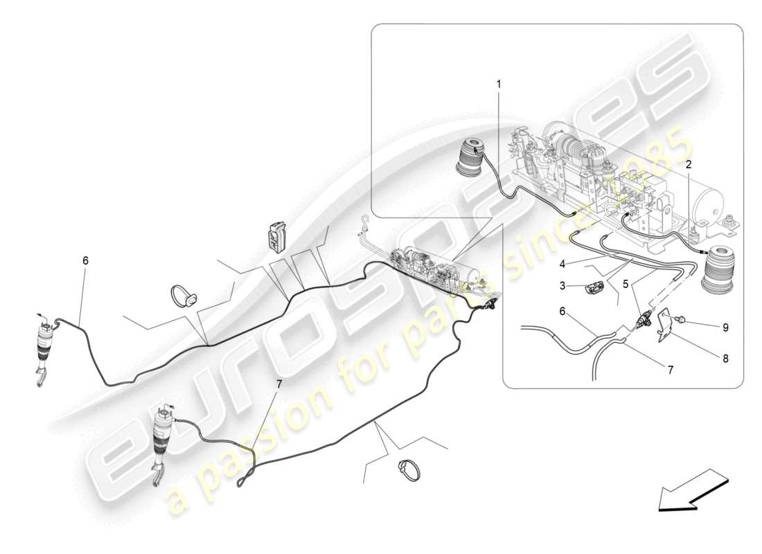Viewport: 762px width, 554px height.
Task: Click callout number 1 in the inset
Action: pos(498,84)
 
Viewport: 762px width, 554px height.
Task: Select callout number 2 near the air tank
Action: pos(689,165)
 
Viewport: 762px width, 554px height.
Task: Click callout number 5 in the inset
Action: pos(626,283)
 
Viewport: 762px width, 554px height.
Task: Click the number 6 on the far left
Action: pos(85,261)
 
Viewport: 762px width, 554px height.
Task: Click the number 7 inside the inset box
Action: pos(670,371)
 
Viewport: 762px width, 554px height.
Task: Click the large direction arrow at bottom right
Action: pos(692,489)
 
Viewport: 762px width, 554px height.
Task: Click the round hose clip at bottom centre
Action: pos(409,471)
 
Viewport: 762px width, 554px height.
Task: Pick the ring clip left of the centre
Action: pos(184,296)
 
